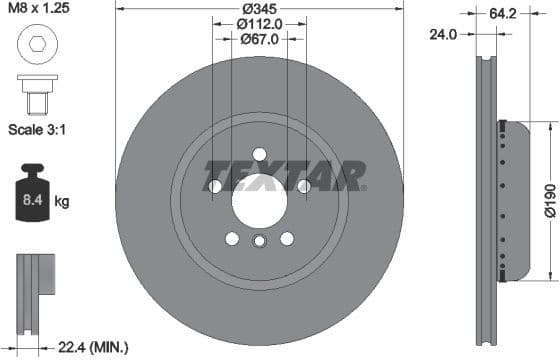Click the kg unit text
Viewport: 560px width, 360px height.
click(x=62, y=202)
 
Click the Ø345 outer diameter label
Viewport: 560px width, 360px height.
click(x=259, y=9)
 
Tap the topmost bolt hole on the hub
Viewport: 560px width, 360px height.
click(x=259, y=153)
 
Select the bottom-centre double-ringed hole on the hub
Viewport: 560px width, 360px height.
click(x=259, y=241)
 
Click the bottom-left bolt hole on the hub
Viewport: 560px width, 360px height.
click(x=232, y=238)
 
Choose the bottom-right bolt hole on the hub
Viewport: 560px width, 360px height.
click(x=287, y=238)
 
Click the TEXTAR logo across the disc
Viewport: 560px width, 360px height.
click(x=285, y=175)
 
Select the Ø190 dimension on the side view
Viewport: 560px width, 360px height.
click(x=548, y=200)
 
